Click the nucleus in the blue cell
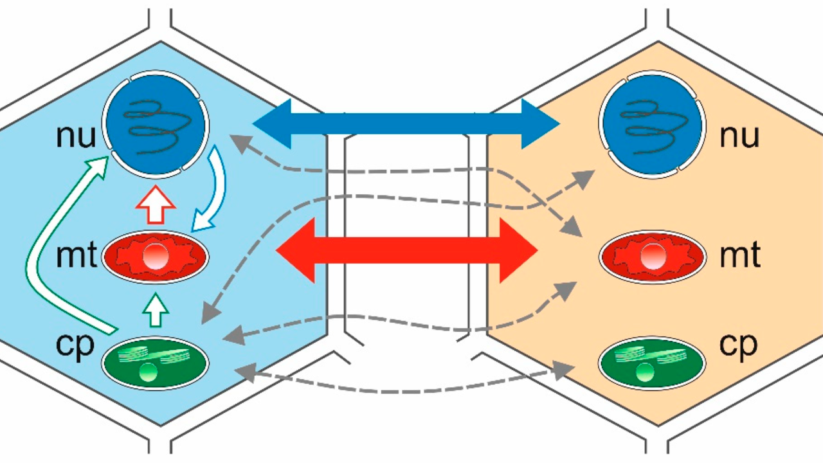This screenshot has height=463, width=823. (156, 129)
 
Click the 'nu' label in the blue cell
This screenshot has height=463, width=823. (75, 136)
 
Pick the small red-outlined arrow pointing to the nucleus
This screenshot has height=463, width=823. (156, 206)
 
